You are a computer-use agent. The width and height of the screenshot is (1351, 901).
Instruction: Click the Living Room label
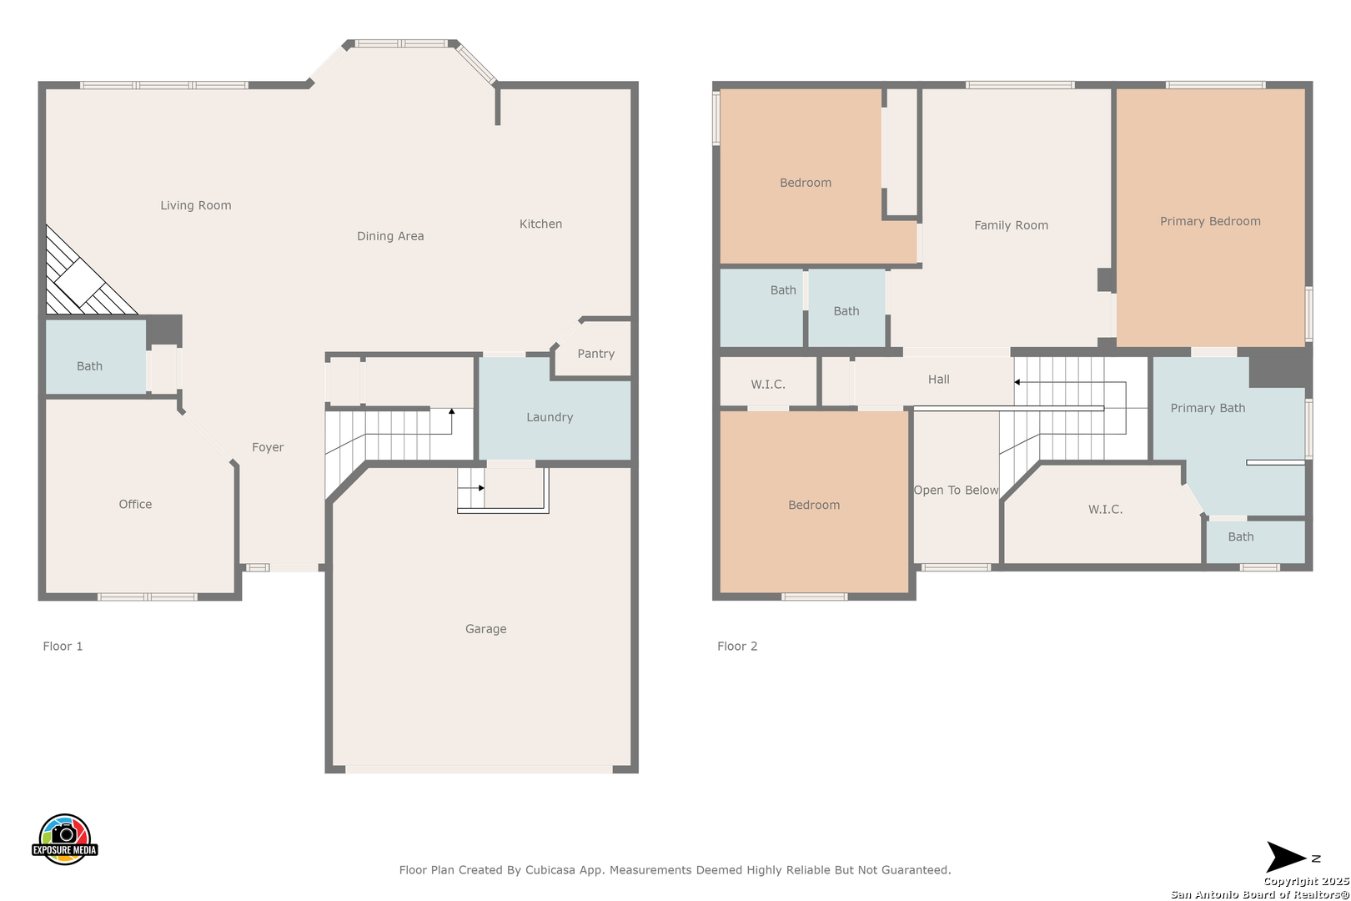(196, 205)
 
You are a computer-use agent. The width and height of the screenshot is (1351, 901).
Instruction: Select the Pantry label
(596, 354)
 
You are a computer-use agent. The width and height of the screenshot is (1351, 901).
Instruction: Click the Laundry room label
(550, 417)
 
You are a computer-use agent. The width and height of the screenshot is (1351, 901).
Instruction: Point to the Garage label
(485, 629)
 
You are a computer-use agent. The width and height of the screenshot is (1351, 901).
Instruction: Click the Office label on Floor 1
(135, 504)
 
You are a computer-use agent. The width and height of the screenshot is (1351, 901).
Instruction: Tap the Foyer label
(268, 447)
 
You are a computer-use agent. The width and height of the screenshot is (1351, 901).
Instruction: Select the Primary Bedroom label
(1210, 221)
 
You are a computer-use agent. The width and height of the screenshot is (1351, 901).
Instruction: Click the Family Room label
(1011, 225)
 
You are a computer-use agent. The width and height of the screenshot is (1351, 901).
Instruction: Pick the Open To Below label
(956, 490)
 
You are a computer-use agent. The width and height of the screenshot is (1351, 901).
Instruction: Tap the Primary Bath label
(1208, 408)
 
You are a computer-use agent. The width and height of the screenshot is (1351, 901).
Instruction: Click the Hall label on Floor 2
(938, 379)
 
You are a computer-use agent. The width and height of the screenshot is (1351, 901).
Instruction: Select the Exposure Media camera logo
(64, 838)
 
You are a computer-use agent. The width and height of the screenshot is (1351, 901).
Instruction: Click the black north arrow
(1286, 857)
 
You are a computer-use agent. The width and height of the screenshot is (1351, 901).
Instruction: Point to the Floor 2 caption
(737, 647)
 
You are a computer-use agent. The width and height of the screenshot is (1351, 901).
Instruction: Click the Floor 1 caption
(63, 647)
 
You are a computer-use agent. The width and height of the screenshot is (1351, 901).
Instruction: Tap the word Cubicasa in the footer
(550, 870)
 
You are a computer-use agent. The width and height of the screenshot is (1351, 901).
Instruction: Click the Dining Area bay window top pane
(401, 43)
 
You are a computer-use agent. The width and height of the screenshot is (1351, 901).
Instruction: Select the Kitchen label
(540, 224)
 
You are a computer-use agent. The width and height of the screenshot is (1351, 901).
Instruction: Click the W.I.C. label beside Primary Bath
(1105, 510)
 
